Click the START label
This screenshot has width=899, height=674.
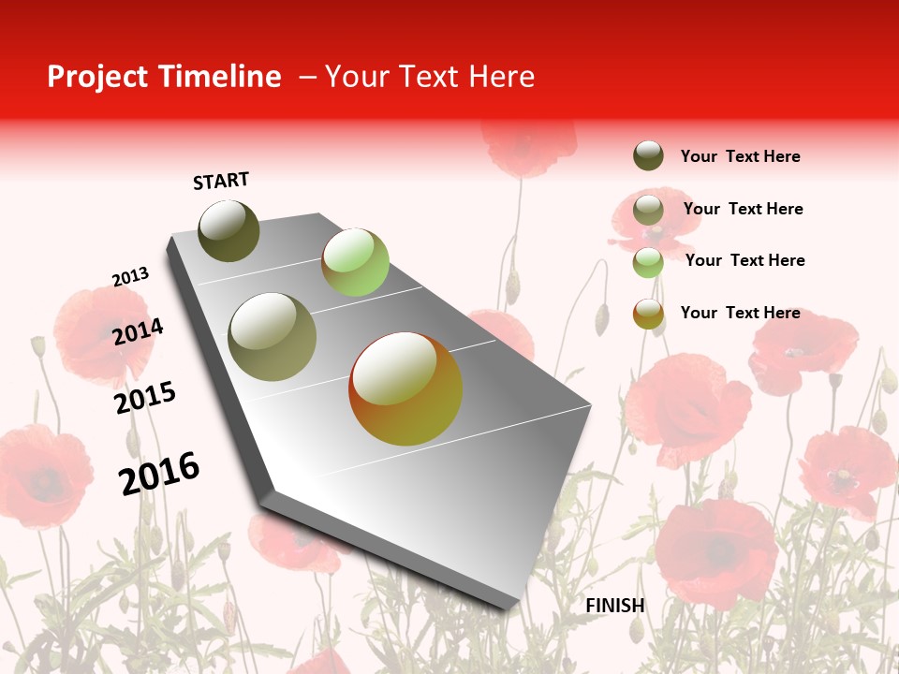(x=221, y=181)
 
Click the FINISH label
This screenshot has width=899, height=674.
(x=615, y=606)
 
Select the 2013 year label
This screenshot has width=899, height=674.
(x=130, y=277)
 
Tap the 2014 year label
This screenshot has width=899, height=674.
(x=138, y=331)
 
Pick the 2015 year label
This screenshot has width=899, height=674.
(x=145, y=398)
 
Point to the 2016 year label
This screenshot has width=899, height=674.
(x=159, y=474)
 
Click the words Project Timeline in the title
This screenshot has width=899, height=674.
(x=164, y=77)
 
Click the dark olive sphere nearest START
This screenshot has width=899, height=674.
(x=229, y=230)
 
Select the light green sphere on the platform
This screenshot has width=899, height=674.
(x=355, y=262)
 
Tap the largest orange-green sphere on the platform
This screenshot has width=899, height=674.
(x=405, y=388)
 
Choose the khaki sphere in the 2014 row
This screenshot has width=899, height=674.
(x=273, y=336)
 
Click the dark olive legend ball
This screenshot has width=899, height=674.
(x=648, y=155)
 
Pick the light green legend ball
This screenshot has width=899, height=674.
(x=648, y=262)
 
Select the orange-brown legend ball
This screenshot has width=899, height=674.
(x=648, y=314)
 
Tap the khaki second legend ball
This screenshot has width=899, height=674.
(x=648, y=210)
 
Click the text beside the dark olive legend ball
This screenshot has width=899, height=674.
(x=740, y=156)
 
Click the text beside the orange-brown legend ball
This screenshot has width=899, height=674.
(x=740, y=313)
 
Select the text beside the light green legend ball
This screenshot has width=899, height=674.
(x=744, y=260)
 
